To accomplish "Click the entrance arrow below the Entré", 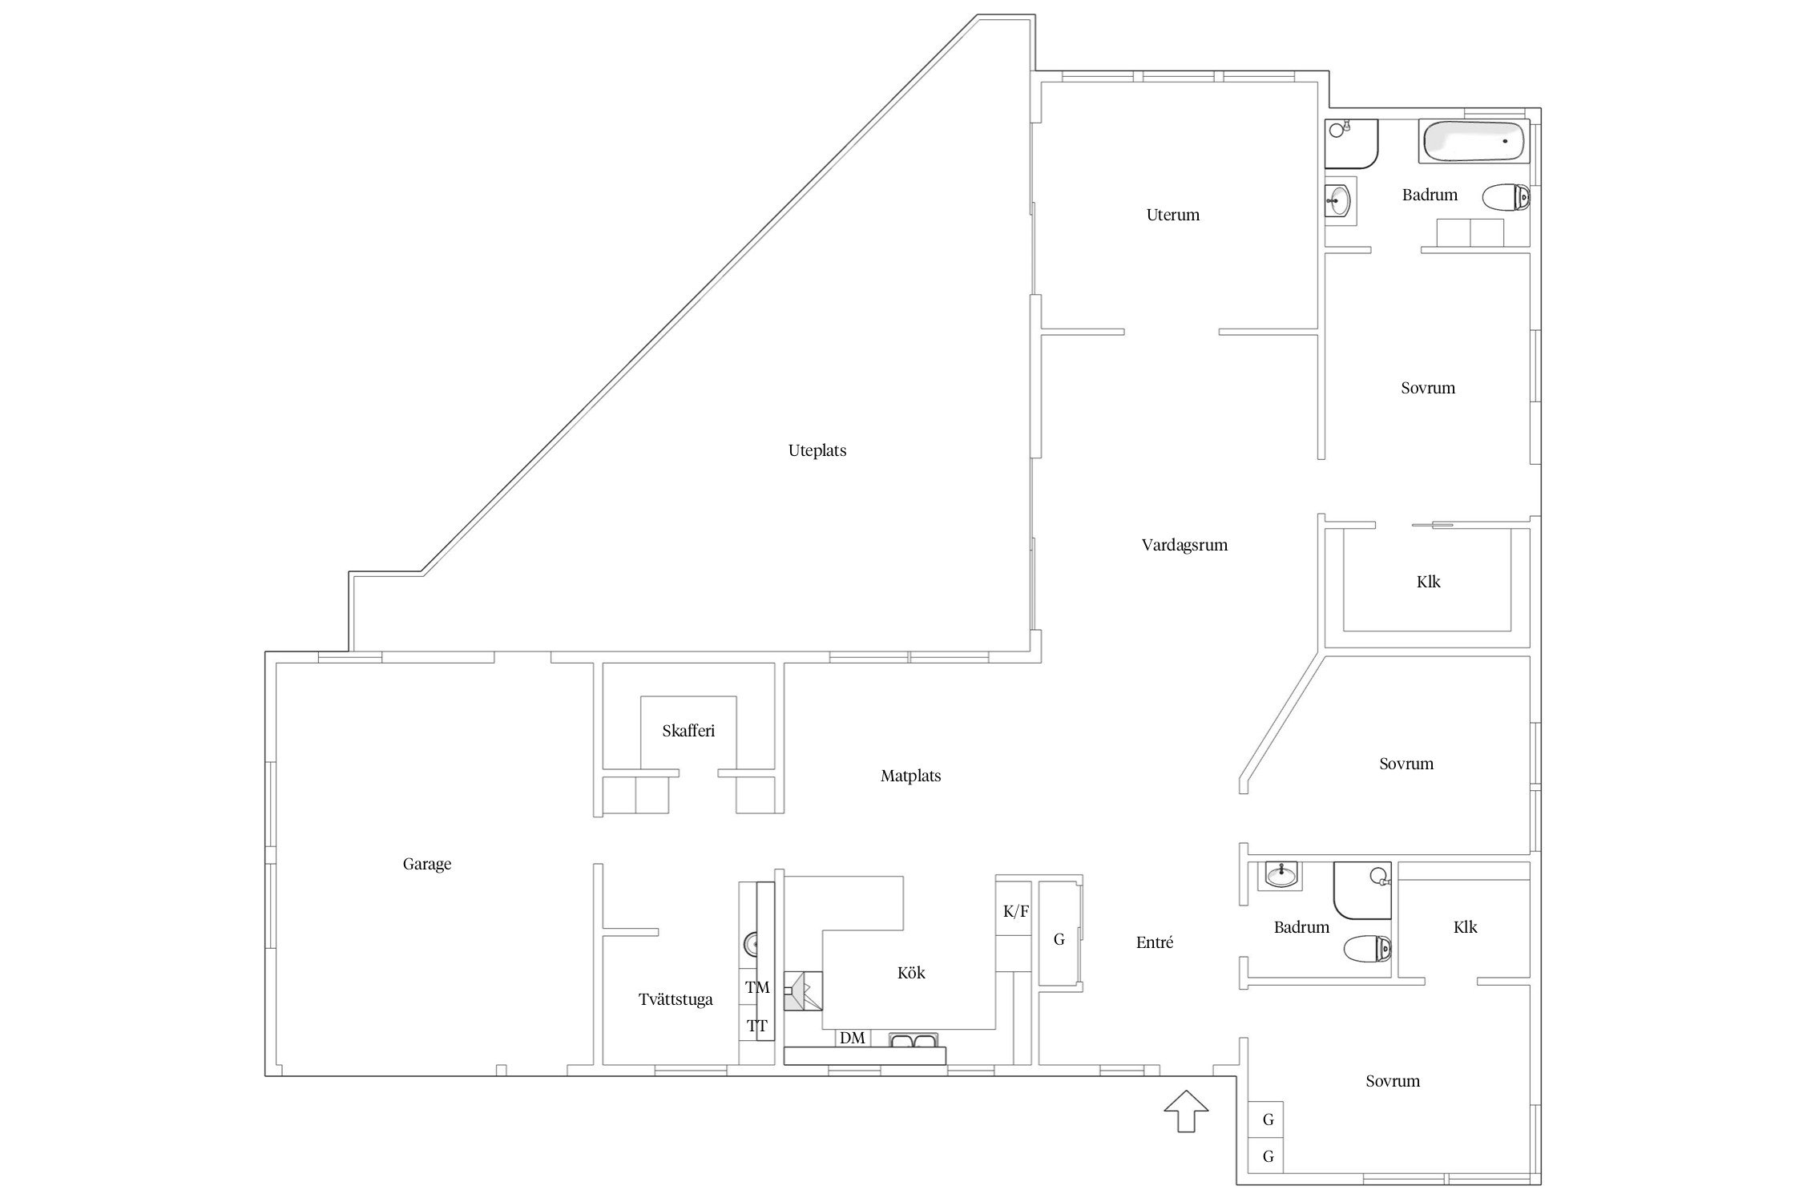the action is (1186, 1111).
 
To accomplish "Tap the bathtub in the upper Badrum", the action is (1474, 141).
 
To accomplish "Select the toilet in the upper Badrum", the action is (1506, 197).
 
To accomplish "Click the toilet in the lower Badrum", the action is (1368, 950).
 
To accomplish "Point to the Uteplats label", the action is (817, 450).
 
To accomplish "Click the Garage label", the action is (427, 864).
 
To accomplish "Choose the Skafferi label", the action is (688, 731).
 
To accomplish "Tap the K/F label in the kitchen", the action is (1015, 911).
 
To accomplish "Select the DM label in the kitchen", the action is (853, 1038).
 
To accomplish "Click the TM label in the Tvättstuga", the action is (757, 987).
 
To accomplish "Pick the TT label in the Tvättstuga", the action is (756, 1026).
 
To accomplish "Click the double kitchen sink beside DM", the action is (913, 1040).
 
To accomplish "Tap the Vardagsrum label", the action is (1184, 545).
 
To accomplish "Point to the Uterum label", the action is (1173, 215).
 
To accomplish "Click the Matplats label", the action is (910, 776).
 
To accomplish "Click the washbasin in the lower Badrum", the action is (1283, 876).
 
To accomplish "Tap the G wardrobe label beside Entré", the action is (1059, 939).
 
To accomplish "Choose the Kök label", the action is (911, 973).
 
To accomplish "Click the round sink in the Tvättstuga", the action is (751, 945).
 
